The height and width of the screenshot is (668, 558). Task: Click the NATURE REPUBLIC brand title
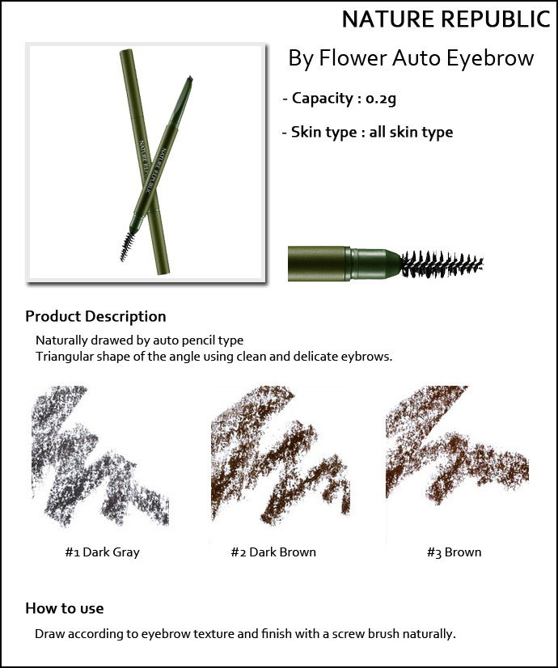(x=446, y=19)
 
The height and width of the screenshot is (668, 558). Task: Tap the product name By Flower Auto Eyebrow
(x=411, y=58)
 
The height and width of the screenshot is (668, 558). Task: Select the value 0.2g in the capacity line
(x=381, y=99)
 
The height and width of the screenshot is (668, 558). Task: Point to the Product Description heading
(x=96, y=316)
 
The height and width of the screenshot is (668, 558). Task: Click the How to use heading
(x=65, y=608)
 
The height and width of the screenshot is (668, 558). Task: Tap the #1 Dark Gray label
(x=102, y=552)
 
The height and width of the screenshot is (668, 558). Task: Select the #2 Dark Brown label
(x=273, y=552)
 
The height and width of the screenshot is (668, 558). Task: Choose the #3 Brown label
(x=454, y=552)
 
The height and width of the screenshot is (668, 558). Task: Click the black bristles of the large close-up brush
(x=442, y=264)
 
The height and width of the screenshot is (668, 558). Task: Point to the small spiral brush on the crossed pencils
(x=127, y=246)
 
